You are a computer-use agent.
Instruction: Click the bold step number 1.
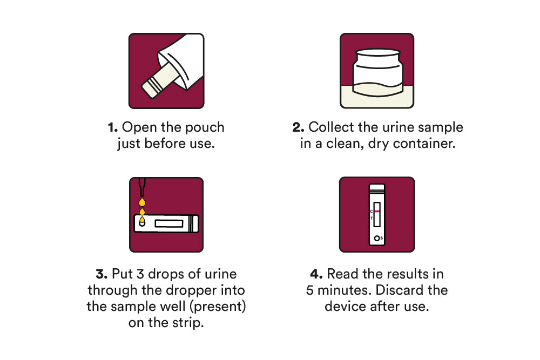[113, 127]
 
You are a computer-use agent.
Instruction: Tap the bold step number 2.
[298, 127]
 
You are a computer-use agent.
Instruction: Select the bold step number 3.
[102, 274]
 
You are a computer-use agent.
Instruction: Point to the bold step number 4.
[316, 274]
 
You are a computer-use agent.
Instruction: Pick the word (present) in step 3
[218, 307]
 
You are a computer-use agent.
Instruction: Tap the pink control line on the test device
[377, 211]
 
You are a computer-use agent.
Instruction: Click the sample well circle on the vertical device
[377, 238]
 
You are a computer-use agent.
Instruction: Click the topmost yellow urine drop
[142, 202]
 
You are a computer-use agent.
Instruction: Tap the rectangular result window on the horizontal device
[168, 223]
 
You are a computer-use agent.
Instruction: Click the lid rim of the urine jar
[378, 53]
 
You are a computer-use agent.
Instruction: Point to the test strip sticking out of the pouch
[159, 81]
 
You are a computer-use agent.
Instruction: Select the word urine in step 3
[221, 274]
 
